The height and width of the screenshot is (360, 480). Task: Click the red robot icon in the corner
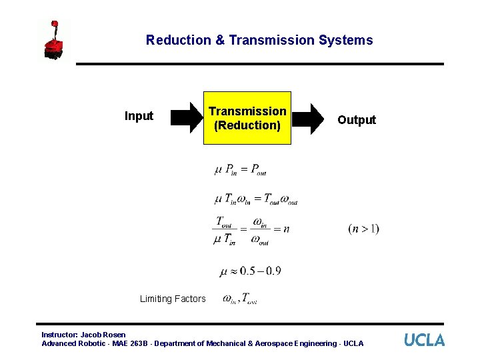55,41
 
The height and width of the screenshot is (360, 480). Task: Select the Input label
139,116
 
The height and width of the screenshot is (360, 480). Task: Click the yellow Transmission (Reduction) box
247,118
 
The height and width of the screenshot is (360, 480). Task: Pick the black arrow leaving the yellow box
310,119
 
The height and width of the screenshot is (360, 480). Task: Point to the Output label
356,120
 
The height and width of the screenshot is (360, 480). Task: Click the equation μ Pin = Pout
241,170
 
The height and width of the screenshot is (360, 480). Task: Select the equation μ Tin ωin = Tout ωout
256,199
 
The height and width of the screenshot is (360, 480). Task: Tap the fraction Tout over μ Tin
225,230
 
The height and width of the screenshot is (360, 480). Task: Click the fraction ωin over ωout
260,230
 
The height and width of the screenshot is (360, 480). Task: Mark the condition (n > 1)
363,229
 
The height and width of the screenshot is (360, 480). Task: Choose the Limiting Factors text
173,299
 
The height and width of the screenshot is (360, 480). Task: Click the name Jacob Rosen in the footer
103,335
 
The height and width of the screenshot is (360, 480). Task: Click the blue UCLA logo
424,339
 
